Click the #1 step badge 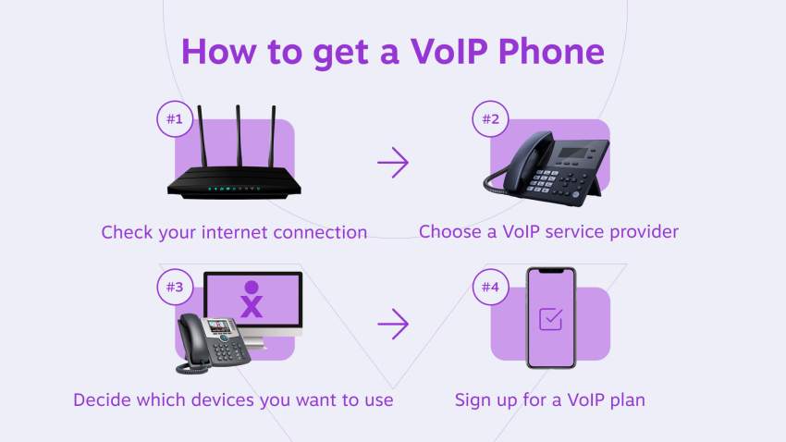pos(175,119)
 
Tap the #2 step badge pos(491,119)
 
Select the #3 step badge pos(175,288)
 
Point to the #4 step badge pos(491,288)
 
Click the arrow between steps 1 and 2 pos(393,163)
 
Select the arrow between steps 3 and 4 pos(393,324)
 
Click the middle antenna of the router pos(239,136)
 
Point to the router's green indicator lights pos(234,189)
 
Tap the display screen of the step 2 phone pos(574,153)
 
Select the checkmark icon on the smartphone pos(550,319)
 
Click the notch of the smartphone pos(551,272)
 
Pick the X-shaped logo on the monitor pos(252,300)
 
